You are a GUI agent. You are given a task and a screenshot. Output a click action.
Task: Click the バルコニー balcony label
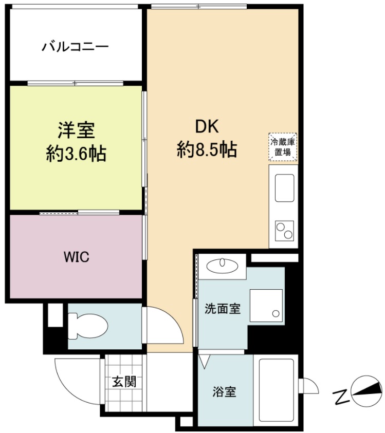(x=75, y=47)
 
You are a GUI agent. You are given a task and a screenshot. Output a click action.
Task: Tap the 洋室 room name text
(x=76, y=130)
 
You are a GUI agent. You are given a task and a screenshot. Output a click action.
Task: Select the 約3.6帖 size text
(x=76, y=153)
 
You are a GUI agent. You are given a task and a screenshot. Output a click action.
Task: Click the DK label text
(x=207, y=126)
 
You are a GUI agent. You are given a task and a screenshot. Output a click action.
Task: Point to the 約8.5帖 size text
(x=207, y=149)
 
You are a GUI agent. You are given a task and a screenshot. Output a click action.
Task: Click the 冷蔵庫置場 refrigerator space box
(x=283, y=147)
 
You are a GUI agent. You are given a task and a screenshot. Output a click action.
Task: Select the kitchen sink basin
(x=284, y=188)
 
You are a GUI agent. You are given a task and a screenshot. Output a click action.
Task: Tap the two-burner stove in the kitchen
(x=284, y=230)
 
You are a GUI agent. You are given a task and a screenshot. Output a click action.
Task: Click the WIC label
(x=77, y=257)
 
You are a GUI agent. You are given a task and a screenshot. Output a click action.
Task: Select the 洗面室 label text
(x=223, y=309)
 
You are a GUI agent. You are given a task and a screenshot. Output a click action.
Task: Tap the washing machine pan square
(x=266, y=306)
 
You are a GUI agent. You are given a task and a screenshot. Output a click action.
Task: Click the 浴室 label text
(x=225, y=392)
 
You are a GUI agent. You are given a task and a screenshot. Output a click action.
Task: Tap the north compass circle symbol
(x=366, y=390)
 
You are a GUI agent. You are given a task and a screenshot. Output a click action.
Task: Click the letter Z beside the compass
(x=340, y=396)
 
